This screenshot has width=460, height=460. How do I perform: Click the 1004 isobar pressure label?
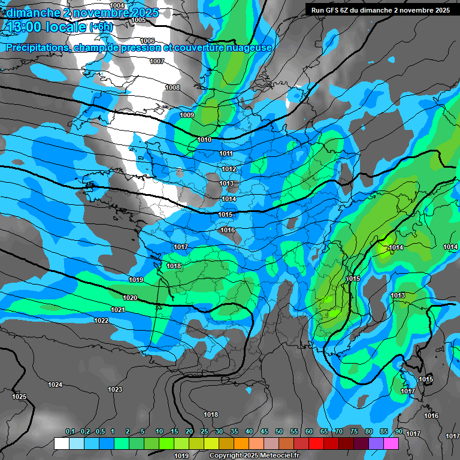(117, 5)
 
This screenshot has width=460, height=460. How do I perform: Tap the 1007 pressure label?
(157, 62)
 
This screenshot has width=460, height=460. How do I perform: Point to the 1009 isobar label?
(187, 115)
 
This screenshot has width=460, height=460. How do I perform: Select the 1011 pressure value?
(226, 154)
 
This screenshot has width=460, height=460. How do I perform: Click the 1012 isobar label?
(229, 170)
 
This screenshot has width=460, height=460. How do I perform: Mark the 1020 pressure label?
(130, 298)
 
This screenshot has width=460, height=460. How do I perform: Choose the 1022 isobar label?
(101, 321)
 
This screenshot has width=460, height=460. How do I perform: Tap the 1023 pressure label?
(115, 390)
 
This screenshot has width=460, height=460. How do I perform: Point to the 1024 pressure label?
(55, 385)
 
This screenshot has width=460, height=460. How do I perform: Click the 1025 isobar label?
(19, 397)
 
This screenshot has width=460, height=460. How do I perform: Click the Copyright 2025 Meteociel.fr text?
(254, 455)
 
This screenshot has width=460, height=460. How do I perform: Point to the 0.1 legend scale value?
(70, 432)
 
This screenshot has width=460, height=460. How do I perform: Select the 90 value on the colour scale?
(398, 432)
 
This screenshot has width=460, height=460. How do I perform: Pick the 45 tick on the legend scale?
(264, 432)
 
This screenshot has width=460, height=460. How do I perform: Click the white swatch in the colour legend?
(61, 443)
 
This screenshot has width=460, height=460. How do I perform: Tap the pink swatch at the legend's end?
(391, 443)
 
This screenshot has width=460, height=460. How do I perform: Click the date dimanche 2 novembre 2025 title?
(82, 13)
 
